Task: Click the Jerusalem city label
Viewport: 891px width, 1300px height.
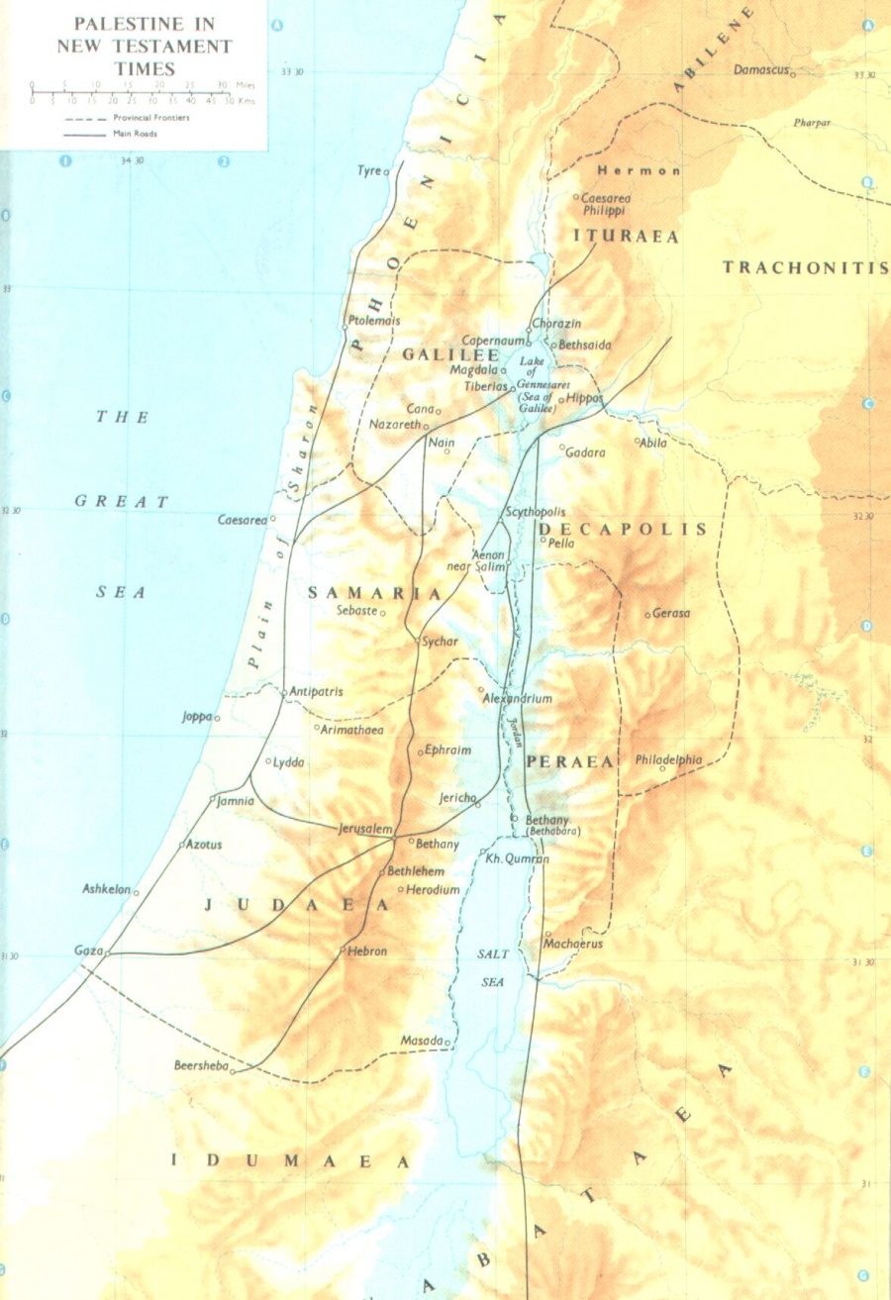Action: [x=366, y=828]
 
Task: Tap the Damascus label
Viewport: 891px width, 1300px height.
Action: [x=760, y=70]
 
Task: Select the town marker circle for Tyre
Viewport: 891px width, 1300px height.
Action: [x=387, y=172]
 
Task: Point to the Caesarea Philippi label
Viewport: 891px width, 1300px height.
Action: [x=606, y=204]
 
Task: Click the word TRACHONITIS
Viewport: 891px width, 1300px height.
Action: [x=804, y=267]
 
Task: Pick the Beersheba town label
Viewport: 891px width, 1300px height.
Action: [x=201, y=1066]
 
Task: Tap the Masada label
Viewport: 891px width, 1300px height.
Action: [x=421, y=1041]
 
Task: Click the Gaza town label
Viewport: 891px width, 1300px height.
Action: [x=88, y=950]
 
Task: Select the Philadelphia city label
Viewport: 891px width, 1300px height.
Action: [x=669, y=759]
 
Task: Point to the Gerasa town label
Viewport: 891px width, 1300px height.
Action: [x=671, y=613]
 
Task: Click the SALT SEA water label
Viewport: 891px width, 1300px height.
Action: [x=493, y=966]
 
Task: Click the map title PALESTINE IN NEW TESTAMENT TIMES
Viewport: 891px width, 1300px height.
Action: [x=145, y=46]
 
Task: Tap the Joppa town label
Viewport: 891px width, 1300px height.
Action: [x=197, y=716]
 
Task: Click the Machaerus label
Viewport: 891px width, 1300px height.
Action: [x=573, y=944]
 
